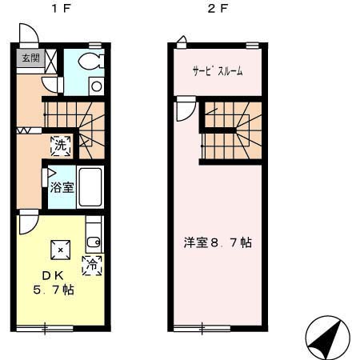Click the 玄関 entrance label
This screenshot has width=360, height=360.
(30, 58)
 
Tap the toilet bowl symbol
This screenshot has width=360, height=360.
(90, 62)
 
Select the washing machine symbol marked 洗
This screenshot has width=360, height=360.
(61, 146)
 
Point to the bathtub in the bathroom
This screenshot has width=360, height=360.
(90, 187)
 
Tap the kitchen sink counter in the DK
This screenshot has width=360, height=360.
(94, 234)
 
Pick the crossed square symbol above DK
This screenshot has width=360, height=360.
(59, 250)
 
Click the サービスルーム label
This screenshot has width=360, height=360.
(218, 71)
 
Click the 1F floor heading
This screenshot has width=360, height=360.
(58, 10)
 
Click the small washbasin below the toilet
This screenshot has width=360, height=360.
(96, 86)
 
